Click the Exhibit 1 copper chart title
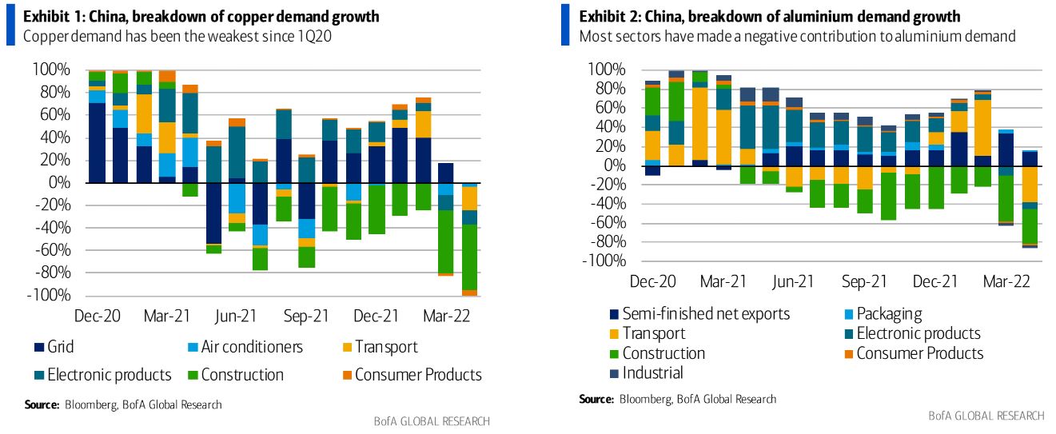tap(201, 17)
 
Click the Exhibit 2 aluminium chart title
tap(769, 17)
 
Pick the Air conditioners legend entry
tap(252, 347)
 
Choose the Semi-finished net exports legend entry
tap(706, 313)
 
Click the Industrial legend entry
tap(652, 372)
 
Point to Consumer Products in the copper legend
tap(418, 374)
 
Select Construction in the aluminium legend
tap(663, 352)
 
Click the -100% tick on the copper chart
tap(50, 296)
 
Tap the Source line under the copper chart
tap(123, 404)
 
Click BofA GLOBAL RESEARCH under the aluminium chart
tap(986, 416)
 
